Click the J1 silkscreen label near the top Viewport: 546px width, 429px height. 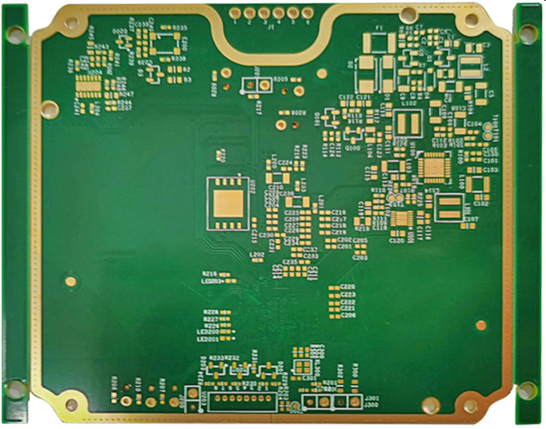pyautogui.click(x=270, y=28)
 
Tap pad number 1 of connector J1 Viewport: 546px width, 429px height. pyautogui.click(x=235, y=12)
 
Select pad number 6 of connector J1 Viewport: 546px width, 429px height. pyautogui.click(x=307, y=12)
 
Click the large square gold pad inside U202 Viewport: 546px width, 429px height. pyautogui.click(x=229, y=203)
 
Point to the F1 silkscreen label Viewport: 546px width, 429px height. pyautogui.click(x=379, y=28)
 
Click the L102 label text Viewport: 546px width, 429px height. pyautogui.click(x=409, y=104)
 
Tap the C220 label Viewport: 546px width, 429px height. pyautogui.click(x=348, y=287)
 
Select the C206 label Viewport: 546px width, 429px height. pyautogui.click(x=348, y=315)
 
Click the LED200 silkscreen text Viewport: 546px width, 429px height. pyautogui.click(x=208, y=332)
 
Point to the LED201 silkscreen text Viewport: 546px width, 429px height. pyautogui.click(x=208, y=339)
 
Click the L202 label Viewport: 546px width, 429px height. pyautogui.click(x=256, y=254)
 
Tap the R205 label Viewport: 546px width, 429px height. pyautogui.click(x=281, y=79)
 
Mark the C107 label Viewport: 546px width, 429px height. pyautogui.click(x=470, y=219)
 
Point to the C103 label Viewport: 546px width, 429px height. pyautogui.click(x=490, y=169)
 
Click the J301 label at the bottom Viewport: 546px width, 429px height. pyautogui.click(x=372, y=398)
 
